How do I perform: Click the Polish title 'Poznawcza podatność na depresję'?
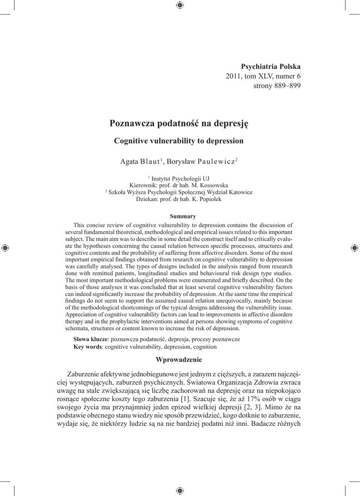tap(179, 123)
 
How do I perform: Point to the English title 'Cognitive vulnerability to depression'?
tap(178, 141)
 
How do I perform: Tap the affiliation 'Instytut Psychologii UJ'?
tap(180, 178)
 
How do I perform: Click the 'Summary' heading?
tap(179, 216)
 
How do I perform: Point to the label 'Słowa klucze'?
tap(90, 339)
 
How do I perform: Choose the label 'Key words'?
tap(87, 347)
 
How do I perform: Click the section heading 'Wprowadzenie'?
tap(179, 359)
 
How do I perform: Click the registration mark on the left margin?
tap(5, 248)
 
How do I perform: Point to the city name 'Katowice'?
tap(240, 192)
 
